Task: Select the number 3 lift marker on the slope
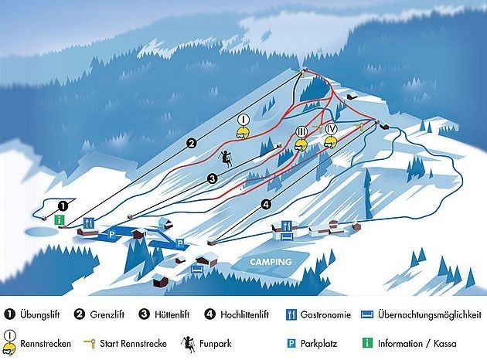(x=212, y=178)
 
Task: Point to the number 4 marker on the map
(x=266, y=204)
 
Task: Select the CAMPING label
(x=270, y=262)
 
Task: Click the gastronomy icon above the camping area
(x=288, y=226)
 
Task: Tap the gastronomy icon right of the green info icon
(x=88, y=222)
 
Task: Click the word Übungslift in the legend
(x=43, y=314)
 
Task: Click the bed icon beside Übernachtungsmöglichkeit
(x=368, y=314)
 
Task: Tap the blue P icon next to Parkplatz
(x=293, y=342)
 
